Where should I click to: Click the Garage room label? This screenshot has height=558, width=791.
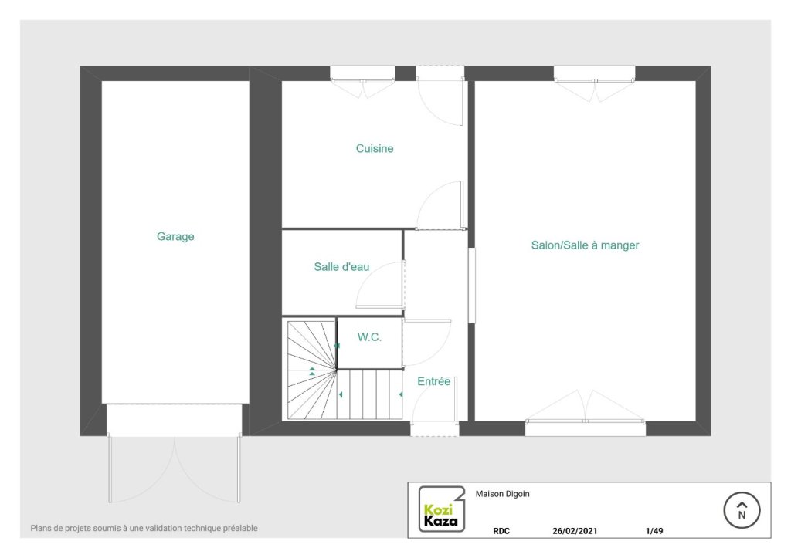coord(175,236)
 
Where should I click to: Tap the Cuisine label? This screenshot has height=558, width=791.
coord(375,148)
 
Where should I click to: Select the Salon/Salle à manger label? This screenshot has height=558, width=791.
coord(585,245)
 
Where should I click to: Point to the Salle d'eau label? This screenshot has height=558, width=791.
coord(341,266)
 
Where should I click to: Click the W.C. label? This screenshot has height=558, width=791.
coord(369,337)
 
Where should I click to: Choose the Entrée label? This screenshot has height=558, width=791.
coord(434,381)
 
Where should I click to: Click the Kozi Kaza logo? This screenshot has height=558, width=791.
coord(441,509)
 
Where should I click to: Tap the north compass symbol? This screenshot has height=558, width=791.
coord(742,510)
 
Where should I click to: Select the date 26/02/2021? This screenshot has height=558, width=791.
coord(575,531)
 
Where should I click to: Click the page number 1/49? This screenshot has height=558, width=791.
coord(654,531)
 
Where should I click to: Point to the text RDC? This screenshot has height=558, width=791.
coord(501,531)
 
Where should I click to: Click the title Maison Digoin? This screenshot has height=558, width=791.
coord(502,494)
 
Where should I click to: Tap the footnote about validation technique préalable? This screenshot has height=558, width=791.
coord(144,528)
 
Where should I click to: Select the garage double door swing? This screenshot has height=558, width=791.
coord(175,468)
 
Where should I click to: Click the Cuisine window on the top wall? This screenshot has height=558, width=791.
coord(363,80)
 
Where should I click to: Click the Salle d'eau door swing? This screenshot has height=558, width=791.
coord(380,285)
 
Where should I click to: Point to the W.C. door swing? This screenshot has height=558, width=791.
coord(426,343)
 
